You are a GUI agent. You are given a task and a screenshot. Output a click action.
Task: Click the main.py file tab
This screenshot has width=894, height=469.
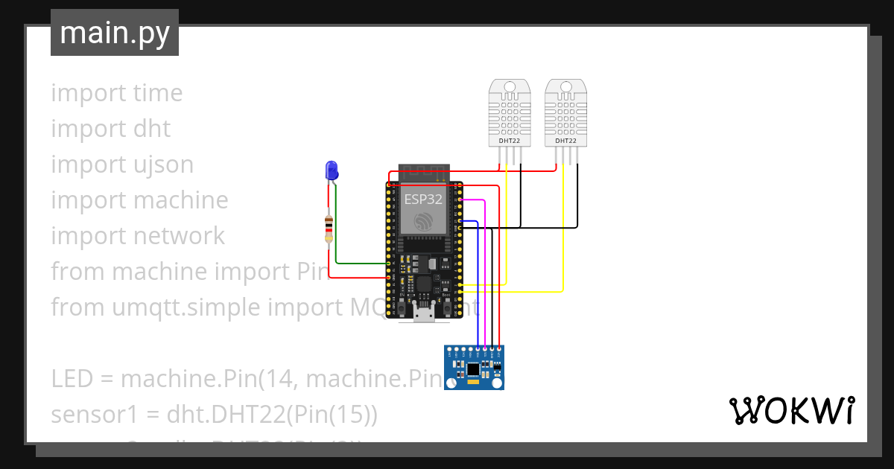[x=114, y=33]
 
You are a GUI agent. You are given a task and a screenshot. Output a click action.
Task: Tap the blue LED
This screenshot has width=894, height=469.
[x=332, y=170]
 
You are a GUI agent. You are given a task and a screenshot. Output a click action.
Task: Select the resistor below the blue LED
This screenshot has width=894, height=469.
[x=329, y=229]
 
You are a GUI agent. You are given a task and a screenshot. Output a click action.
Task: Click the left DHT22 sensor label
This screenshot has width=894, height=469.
[x=510, y=141]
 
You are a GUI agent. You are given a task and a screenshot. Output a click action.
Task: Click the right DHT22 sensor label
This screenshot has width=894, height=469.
[x=565, y=141]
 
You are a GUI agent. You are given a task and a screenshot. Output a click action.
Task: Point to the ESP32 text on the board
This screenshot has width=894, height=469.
[x=423, y=199]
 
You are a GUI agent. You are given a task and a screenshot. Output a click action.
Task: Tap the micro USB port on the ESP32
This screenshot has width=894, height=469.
[x=425, y=315]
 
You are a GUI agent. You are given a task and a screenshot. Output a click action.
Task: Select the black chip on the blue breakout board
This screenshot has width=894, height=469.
[x=474, y=368]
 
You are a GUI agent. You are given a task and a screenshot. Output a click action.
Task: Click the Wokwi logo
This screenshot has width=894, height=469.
[x=791, y=410]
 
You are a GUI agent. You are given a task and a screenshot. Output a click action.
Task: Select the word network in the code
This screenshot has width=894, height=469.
[x=180, y=235]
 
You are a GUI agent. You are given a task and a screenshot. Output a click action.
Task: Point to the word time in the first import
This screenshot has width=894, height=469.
[x=157, y=93]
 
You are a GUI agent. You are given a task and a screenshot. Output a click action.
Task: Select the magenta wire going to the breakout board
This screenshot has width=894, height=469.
[x=485, y=275]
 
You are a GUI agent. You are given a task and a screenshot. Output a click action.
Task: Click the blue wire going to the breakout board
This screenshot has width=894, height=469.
[x=478, y=283]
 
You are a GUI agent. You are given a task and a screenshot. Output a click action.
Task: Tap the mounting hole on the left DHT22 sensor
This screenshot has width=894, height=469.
[x=510, y=87]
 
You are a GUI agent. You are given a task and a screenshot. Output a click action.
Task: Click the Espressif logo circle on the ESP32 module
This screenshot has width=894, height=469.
[x=423, y=221]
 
